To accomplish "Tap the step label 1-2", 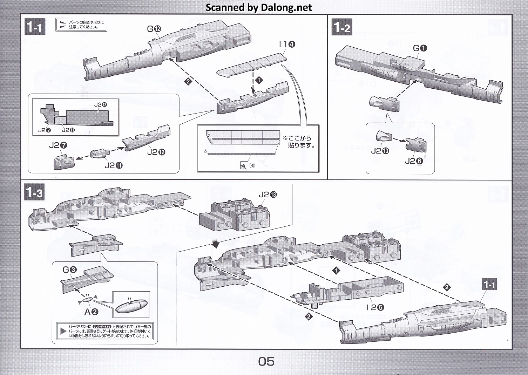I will coord(342,27).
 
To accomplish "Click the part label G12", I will coord(154,29).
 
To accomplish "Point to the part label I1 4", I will coord(287,44).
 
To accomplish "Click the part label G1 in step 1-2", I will coord(420,48).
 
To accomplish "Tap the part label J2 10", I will coord(380,151).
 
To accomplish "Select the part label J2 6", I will coord(414,161).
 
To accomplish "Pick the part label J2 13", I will coord(268,195).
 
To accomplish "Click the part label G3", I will coord(69,270).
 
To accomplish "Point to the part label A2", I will coord(91,311).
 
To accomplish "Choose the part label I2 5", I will coord(375,307).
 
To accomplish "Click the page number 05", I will coord(266,361).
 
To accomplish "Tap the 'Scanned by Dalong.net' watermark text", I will coord(259,7).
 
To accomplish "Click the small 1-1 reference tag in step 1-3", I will coord(489,285).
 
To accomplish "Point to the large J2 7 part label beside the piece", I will coord(58,145).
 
